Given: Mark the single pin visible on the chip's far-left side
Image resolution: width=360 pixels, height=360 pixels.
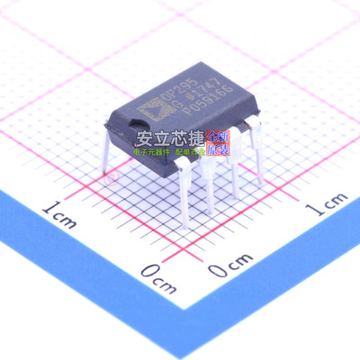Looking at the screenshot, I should [x=105, y=153].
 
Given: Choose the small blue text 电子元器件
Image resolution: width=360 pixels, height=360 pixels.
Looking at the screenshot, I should [x=150, y=153].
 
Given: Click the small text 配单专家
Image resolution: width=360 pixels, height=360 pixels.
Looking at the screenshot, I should [x=191, y=153].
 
